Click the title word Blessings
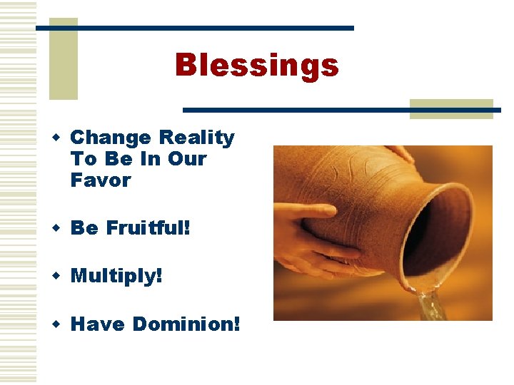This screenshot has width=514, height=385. (x=256, y=66)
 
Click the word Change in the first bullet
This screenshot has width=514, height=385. (x=111, y=137)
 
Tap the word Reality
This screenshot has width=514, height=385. (x=197, y=137)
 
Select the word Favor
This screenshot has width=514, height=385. (x=101, y=180)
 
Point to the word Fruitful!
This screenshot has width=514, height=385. (x=148, y=228)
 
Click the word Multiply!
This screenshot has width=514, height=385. (x=117, y=275)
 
